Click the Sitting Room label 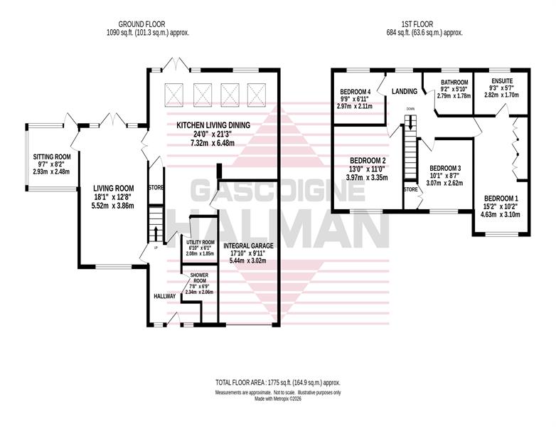52,157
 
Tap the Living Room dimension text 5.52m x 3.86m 114,206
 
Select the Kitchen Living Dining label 213,125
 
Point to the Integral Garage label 248,246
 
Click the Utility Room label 201,242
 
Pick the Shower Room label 199,278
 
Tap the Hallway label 164,296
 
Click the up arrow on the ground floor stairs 156,234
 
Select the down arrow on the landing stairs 411,122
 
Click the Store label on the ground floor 156,187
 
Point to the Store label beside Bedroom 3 411,189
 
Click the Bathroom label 454,83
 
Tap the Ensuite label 502,81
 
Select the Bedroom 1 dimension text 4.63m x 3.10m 501,214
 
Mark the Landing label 405,92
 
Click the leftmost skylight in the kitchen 174,95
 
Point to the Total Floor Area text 278,383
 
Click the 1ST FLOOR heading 417,24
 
